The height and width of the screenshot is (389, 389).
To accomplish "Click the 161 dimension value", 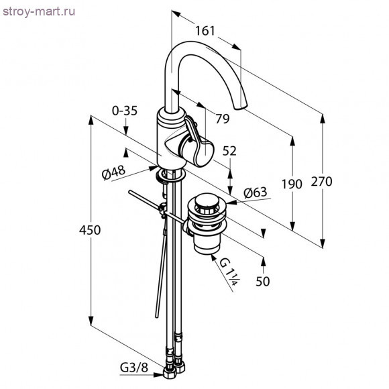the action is click(205, 31).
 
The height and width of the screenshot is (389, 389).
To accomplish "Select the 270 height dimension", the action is click(321, 181).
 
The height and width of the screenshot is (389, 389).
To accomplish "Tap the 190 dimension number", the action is click(292, 184).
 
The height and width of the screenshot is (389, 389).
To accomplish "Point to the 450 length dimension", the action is click(90, 230).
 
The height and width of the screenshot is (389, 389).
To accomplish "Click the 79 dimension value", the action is click(222, 119).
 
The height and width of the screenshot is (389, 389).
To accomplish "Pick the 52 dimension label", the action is click(229, 151).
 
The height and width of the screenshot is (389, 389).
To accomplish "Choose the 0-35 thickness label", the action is click(125, 111).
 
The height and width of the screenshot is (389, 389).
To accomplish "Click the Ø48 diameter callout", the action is click(113, 172).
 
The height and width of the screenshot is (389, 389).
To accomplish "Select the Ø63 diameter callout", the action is click(256, 192).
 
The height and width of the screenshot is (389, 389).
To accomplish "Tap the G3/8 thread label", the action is click(134, 367).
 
